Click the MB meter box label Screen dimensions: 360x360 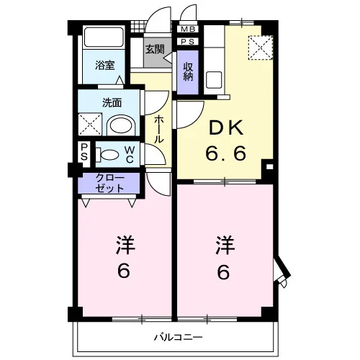point(188,30)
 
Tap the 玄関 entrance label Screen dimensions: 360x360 point(155,49)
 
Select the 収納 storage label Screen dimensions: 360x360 point(188,71)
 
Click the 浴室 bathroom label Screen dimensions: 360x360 point(105,65)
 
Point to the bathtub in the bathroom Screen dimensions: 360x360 point(104,37)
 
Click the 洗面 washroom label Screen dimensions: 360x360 point(112,103)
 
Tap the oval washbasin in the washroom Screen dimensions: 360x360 point(121,125)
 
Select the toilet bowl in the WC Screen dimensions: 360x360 point(107,155)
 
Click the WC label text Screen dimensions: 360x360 point(130,155)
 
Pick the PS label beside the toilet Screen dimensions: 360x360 point(84,152)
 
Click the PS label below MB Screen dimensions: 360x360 point(188,42)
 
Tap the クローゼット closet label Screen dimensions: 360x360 point(109,184)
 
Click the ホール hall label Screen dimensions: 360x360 point(158,130)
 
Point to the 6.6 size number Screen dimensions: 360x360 point(225,153)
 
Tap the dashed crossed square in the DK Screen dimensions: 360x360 point(261,48)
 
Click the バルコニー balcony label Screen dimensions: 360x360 point(178,338)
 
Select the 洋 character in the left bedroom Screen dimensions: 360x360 point(126,245)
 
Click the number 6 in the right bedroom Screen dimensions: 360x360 point(224,272)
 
